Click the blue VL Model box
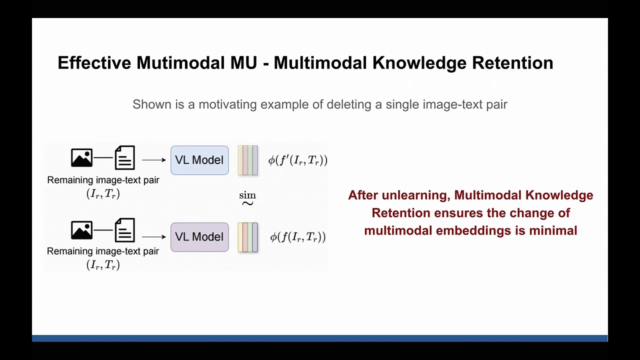(x=199, y=160)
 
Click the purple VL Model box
(x=199, y=237)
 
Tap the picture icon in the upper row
(x=81, y=157)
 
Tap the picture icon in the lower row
(x=81, y=230)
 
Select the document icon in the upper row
(x=124, y=157)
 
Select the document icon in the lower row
(x=124, y=230)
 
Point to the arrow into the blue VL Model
(x=153, y=160)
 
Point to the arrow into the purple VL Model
(x=153, y=237)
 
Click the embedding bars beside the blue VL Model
(x=248, y=160)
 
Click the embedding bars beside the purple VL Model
(x=248, y=237)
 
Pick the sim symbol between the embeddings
(x=247, y=198)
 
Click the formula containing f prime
(x=298, y=160)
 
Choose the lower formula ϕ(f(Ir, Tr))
(x=298, y=237)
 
